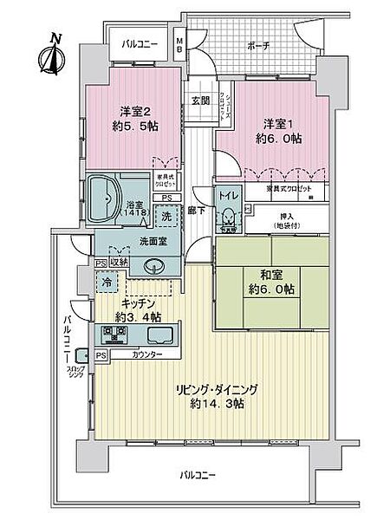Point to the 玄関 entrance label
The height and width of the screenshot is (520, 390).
pos(200,101)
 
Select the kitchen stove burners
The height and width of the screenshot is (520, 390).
pos(116,333)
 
